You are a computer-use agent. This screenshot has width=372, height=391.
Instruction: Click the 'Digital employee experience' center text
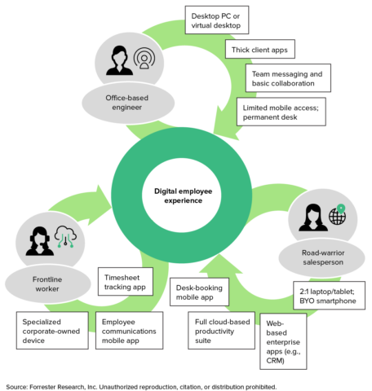(x=185, y=196)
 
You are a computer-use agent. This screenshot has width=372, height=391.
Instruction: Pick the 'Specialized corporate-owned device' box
(x=49, y=329)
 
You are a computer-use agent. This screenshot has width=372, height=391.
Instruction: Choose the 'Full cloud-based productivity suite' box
(x=222, y=329)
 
